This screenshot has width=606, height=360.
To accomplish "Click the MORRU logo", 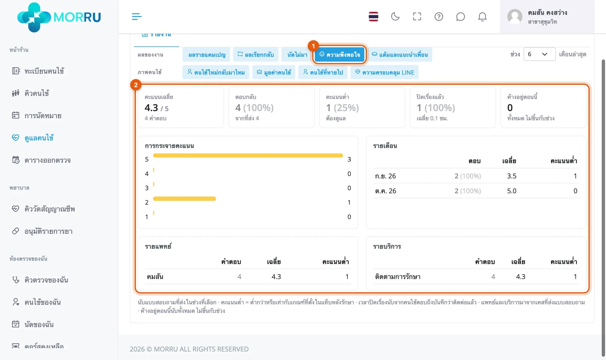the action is pyautogui.click(x=59, y=17).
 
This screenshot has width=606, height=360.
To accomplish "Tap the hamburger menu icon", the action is pyautogui.click(x=137, y=16).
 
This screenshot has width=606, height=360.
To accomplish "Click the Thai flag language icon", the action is pyautogui.click(x=373, y=16).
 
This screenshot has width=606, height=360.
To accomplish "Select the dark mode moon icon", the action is pyautogui.click(x=395, y=16).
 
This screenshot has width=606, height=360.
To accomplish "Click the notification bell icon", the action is pyautogui.click(x=482, y=16).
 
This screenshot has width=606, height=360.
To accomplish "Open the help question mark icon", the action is pyautogui.click(x=439, y=16).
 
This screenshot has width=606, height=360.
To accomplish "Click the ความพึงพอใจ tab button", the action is pyautogui.click(x=340, y=55).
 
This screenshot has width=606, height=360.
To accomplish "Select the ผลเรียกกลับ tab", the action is pyautogui.click(x=255, y=55).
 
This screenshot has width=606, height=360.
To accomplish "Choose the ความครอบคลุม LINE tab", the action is pyautogui.click(x=385, y=72).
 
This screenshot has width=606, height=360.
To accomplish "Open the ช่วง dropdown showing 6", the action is pyautogui.click(x=539, y=54).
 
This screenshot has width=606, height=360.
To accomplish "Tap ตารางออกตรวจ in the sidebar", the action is pyautogui.click(x=41, y=160).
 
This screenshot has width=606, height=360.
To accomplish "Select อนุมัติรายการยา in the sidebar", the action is pyautogui.click(x=42, y=231).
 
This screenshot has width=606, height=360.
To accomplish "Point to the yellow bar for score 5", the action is pyautogui.click(x=248, y=155).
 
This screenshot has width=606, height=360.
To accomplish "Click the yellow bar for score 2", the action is pyautogui.click(x=185, y=199).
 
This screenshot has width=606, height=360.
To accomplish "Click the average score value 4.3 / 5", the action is pyautogui.click(x=157, y=108).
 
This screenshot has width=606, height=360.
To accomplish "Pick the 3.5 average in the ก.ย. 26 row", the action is pyautogui.click(x=512, y=176).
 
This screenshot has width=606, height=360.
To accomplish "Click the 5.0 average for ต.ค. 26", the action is pyautogui.click(x=512, y=191).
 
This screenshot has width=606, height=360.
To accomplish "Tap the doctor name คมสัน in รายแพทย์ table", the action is pyautogui.click(x=155, y=277).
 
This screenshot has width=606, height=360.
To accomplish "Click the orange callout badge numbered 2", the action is pyautogui.click(x=136, y=85).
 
